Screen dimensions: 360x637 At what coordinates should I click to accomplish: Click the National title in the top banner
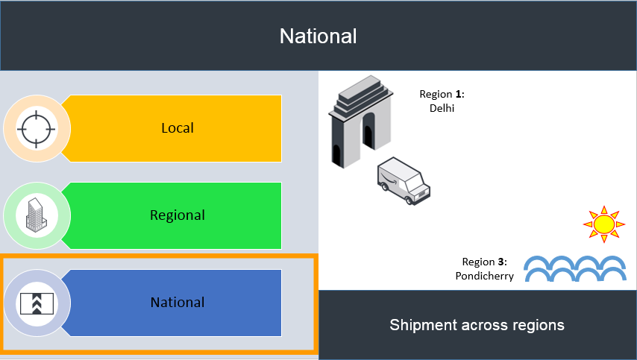point(318,36)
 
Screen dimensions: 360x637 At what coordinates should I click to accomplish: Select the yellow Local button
point(177,128)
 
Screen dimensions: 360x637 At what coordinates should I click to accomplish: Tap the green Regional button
point(177,215)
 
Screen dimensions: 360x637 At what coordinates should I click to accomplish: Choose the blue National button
point(177,303)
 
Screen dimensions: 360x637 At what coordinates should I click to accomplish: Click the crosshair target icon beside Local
point(37,128)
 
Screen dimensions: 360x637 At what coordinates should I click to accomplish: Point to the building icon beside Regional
point(37,215)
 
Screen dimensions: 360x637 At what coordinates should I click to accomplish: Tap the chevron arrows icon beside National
point(37,303)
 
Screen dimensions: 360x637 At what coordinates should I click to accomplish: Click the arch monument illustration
point(360,123)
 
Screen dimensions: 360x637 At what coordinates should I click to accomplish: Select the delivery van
point(404,180)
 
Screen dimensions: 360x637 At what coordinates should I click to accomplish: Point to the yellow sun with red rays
point(603,223)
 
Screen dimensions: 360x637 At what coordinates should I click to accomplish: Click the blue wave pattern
point(574,269)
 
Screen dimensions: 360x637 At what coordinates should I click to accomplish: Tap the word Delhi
point(442,108)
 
